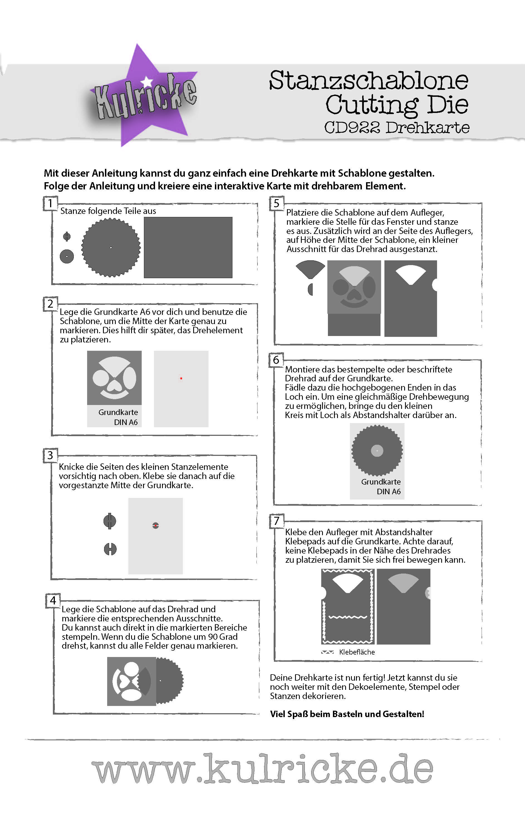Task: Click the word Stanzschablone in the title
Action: (369, 80)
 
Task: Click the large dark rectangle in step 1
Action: (188, 247)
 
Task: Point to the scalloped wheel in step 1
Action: (111, 247)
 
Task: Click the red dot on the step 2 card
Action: (181, 378)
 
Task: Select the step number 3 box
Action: (50, 455)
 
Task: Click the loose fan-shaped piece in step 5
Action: (310, 268)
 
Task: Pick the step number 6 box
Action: (276, 360)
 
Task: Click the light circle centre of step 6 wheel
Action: (377, 451)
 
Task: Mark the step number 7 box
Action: (276, 521)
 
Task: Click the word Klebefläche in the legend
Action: (357, 652)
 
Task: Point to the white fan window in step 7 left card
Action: (348, 582)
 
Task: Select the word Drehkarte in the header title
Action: (427, 127)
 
